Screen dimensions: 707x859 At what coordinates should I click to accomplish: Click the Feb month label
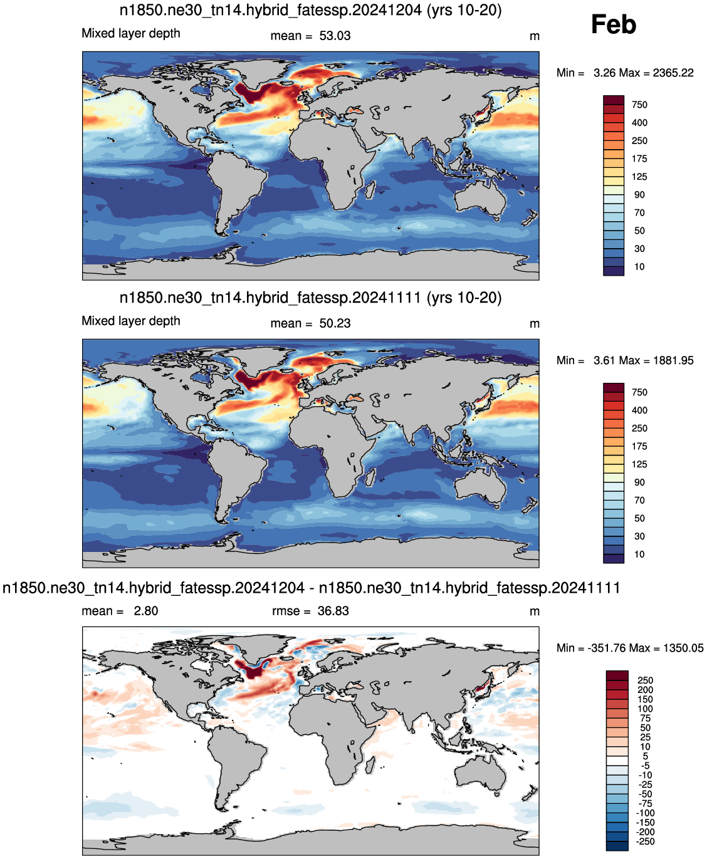click(613, 24)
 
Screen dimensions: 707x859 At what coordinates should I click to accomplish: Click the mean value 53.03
click(335, 36)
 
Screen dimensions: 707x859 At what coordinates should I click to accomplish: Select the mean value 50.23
click(335, 323)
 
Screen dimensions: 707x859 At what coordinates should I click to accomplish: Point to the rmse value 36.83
click(333, 611)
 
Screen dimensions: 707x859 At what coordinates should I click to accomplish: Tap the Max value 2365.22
click(673, 73)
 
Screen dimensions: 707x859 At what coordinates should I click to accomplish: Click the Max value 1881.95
click(673, 360)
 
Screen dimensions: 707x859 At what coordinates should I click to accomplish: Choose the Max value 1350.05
click(683, 648)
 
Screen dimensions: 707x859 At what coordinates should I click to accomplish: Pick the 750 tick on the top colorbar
click(639, 105)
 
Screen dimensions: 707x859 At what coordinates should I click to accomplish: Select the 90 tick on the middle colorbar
click(639, 482)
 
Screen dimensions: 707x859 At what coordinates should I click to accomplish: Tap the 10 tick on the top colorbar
click(639, 267)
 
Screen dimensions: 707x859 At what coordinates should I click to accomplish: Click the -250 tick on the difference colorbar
click(645, 841)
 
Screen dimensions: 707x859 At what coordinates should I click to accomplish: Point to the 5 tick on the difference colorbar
click(646, 756)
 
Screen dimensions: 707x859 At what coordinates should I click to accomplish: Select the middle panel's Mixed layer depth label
click(131, 321)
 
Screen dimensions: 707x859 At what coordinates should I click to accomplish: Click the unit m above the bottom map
click(534, 612)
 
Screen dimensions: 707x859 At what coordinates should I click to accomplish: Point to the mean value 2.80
click(145, 611)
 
